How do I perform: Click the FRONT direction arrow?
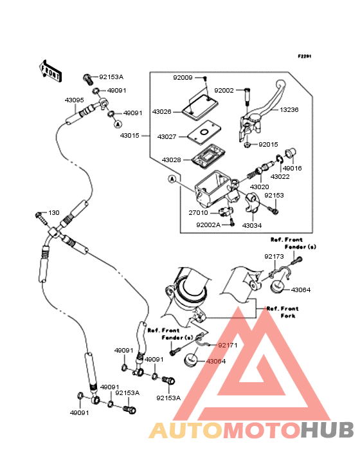point(50,71)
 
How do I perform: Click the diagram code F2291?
point(305,56)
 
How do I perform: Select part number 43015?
point(130,136)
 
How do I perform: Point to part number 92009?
point(183,78)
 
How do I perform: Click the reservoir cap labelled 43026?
point(200,107)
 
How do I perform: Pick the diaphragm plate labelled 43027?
point(204,131)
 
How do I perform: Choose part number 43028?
point(171,160)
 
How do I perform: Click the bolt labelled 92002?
point(247,96)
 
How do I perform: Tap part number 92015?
point(268,145)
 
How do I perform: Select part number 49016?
point(292,168)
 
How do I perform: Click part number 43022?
point(280,176)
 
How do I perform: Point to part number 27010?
point(198,213)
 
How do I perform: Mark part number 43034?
point(252,225)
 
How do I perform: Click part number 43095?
point(75,100)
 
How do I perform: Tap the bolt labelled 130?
point(41,218)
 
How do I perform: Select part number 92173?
point(274,257)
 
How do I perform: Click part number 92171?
point(228,345)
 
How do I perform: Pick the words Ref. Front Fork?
point(283,312)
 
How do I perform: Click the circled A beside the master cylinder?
point(172,180)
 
